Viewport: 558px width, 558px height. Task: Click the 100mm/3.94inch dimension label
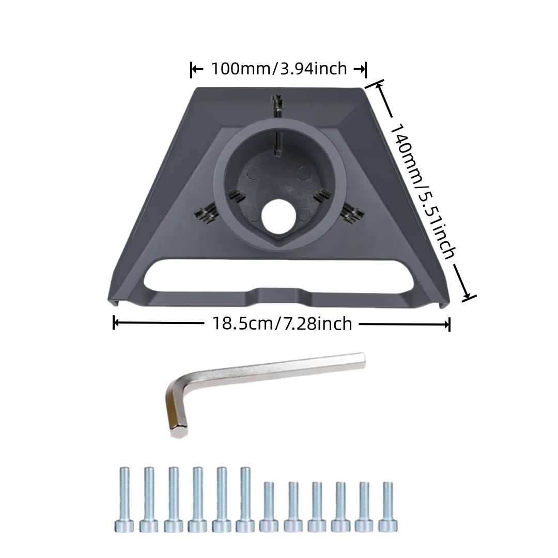(x=278, y=68)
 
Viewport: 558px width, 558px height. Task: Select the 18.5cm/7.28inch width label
(x=282, y=324)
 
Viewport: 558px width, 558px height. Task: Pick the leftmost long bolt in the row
(x=124, y=499)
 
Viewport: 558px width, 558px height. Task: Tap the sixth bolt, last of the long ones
(x=245, y=499)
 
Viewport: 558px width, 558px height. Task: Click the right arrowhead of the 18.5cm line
(x=448, y=324)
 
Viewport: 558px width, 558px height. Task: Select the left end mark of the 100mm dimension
(x=193, y=69)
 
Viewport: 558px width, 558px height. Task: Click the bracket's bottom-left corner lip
(x=111, y=301)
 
